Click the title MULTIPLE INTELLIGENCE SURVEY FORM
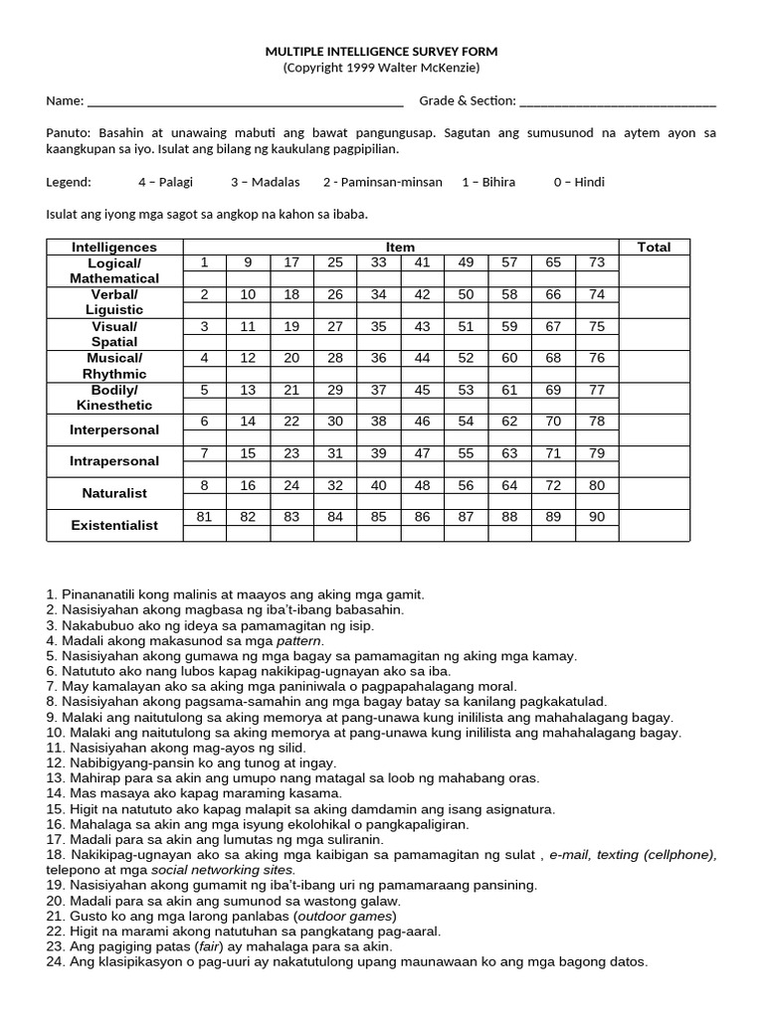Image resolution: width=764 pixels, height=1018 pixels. click(381, 51)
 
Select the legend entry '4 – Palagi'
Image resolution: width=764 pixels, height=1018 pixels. click(166, 182)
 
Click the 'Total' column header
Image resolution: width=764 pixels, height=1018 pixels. click(654, 247)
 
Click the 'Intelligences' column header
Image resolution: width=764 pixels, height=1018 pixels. click(114, 247)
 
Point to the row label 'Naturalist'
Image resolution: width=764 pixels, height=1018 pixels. click(114, 493)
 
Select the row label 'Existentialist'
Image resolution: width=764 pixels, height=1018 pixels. click(114, 525)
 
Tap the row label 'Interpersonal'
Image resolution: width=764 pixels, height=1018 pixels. click(114, 429)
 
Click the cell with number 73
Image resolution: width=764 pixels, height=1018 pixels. click(596, 262)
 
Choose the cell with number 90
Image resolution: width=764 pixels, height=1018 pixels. click(596, 517)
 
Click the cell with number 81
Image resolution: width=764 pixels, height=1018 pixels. click(205, 517)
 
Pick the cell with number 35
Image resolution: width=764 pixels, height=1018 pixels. click(379, 326)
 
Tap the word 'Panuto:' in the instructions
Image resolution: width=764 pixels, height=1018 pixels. click(69, 132)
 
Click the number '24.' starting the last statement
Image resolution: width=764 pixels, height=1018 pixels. click(56, 961)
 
